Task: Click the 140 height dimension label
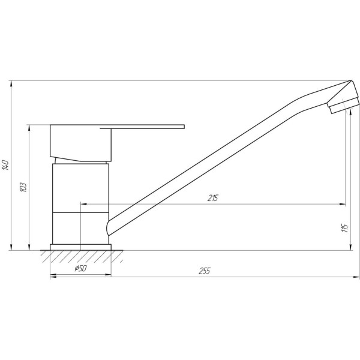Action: click(5, 165)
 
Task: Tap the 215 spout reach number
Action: click(213, 199)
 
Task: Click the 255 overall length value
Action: click(204, 271)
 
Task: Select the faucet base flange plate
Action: click(81, 247)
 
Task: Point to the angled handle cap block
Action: click(80, 143)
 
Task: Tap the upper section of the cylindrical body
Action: click(80, 186)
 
